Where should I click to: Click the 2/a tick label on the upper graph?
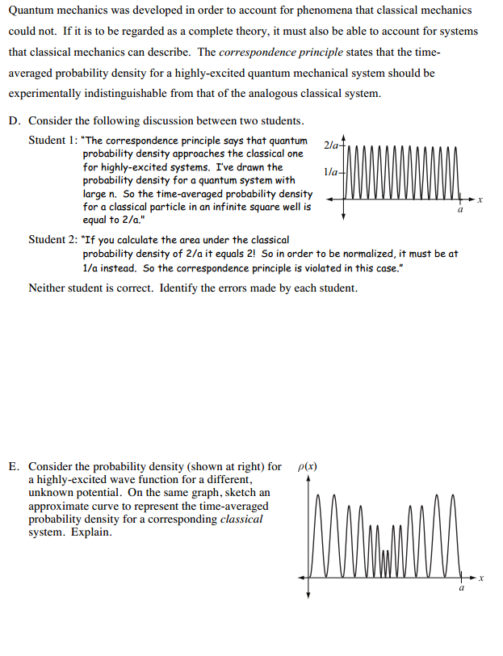329,145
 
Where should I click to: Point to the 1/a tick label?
329,172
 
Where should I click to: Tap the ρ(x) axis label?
308,467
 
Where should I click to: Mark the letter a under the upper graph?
460,209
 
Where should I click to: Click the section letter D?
14,121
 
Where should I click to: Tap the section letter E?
14,467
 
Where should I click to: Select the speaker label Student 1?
53,141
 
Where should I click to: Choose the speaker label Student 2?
53,240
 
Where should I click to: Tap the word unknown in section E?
49,493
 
